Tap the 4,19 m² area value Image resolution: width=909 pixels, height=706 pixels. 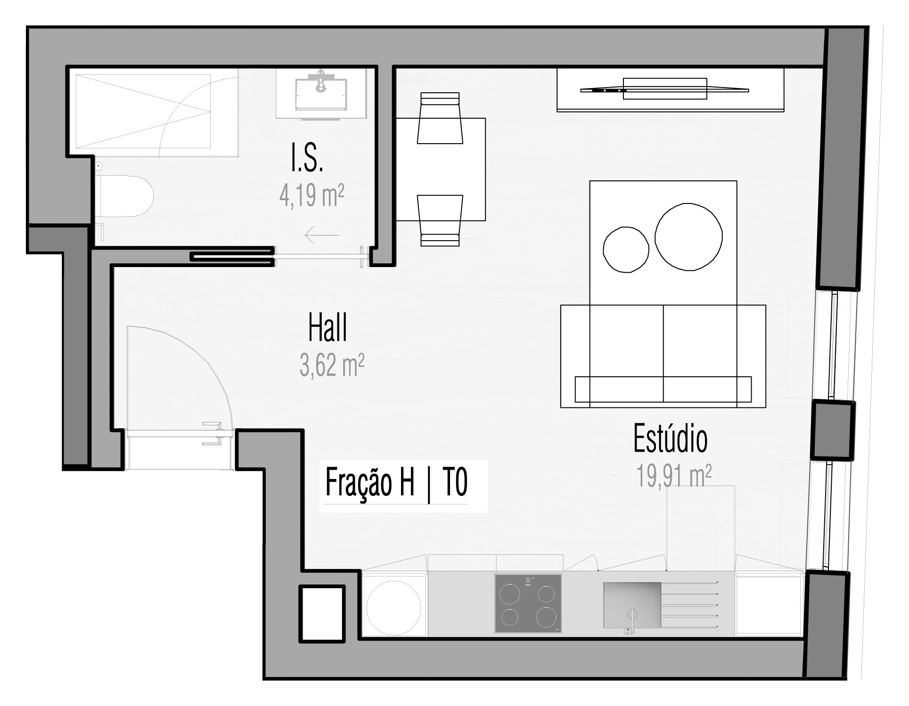pos(311,195)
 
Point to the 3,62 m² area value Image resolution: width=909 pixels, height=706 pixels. pos(332,365)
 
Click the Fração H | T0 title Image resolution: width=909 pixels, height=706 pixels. pos(396,482)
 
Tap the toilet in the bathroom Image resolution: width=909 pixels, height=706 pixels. pos(124,196)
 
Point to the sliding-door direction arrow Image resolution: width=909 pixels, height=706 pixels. pos(322,235)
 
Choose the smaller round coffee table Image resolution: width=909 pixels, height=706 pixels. pos(626,250)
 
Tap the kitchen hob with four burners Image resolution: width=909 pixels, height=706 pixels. pos(528,603)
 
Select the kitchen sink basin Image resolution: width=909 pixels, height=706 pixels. pos(632,605)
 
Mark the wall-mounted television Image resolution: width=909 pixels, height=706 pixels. pos(665,89)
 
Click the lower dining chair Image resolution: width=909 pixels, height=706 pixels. pos(440,220)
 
